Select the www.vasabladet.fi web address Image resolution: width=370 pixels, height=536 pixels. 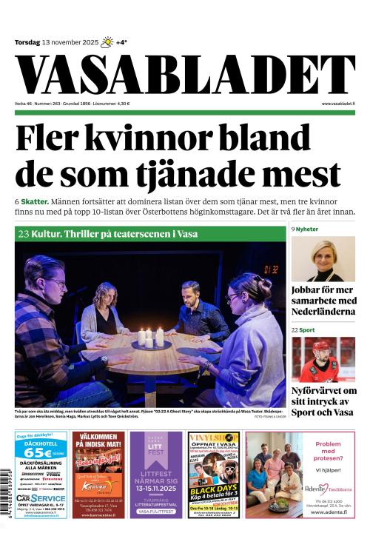(x=338, y=104)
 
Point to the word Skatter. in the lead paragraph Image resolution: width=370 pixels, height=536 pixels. (x=36, y=202)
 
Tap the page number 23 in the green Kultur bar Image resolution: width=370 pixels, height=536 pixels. (x=23, y=233)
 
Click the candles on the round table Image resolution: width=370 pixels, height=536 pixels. (x=150, y=336)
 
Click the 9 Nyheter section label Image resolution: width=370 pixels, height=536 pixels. (x=305, y=230)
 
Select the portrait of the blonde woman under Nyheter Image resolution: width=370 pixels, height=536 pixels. (x=323, y=258)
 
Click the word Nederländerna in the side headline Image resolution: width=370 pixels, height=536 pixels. (x=323, y=312)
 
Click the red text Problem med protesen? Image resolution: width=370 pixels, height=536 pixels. (x=328, y=449)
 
